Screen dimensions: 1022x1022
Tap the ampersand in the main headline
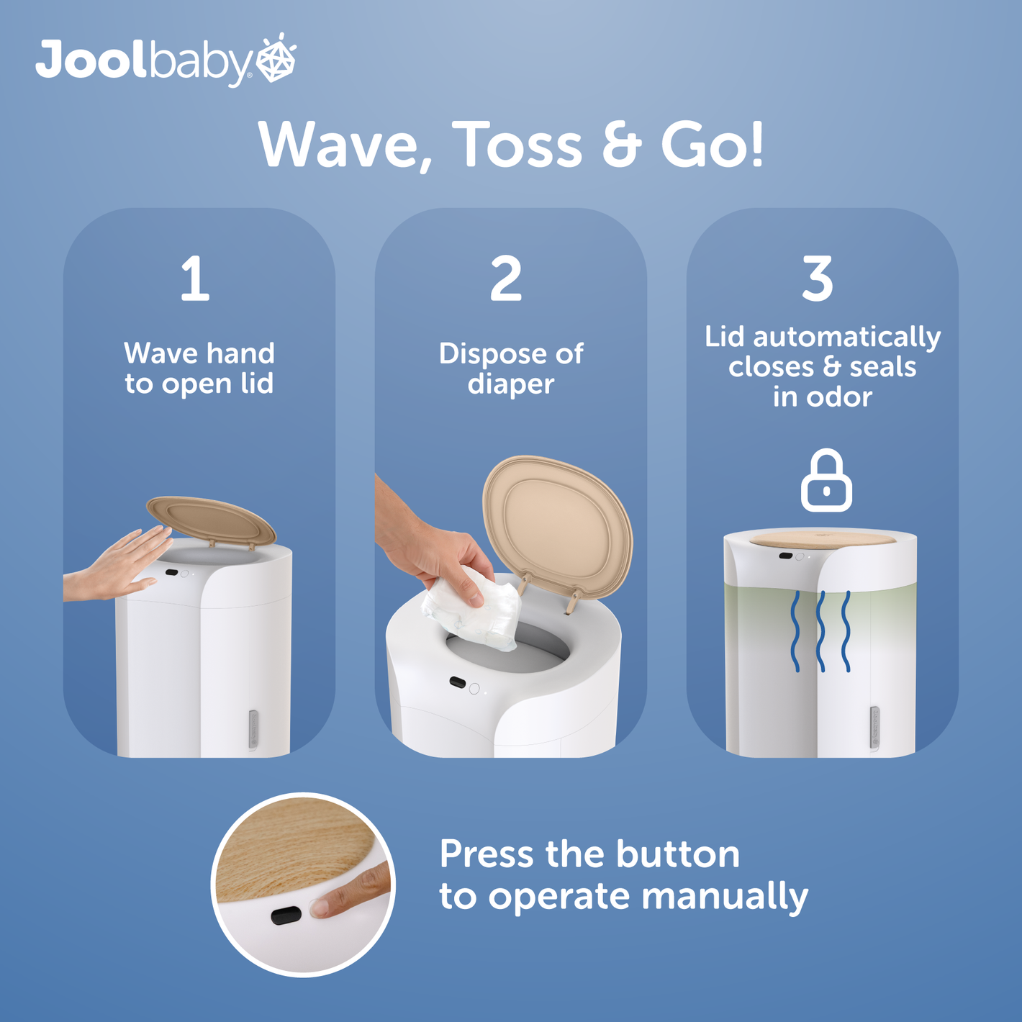(622, 145)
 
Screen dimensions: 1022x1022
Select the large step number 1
(195, 279)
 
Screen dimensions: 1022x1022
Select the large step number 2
(505, 279)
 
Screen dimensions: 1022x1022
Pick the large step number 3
(817, 279)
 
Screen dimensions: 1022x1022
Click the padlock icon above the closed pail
(826, 481)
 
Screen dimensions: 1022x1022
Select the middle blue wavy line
(820, 631)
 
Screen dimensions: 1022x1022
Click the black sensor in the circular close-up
(286, 915)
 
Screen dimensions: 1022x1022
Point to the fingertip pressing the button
(322, 908)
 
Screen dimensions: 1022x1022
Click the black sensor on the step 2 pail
(457, 682)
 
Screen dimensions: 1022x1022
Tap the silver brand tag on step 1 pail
(253, 730)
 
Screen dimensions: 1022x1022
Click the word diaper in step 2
(511, 384)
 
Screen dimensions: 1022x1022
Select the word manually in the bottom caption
(725, 896)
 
